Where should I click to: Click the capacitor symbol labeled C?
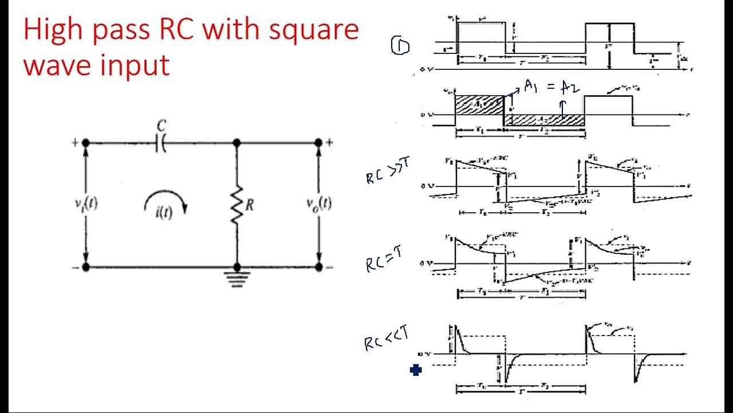[x=161, y=143]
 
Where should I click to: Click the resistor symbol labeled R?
[x=237, y=204]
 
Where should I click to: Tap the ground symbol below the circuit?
[x=237, y=279]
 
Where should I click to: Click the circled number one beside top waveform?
[x=400, y=46]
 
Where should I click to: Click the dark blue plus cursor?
[x=416, y=371]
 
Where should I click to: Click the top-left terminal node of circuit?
[x=86, y=143]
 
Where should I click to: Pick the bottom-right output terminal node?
[x=319, y=267]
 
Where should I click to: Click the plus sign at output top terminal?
[x=330, y=142]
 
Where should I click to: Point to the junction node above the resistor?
[x=237, y=143]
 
